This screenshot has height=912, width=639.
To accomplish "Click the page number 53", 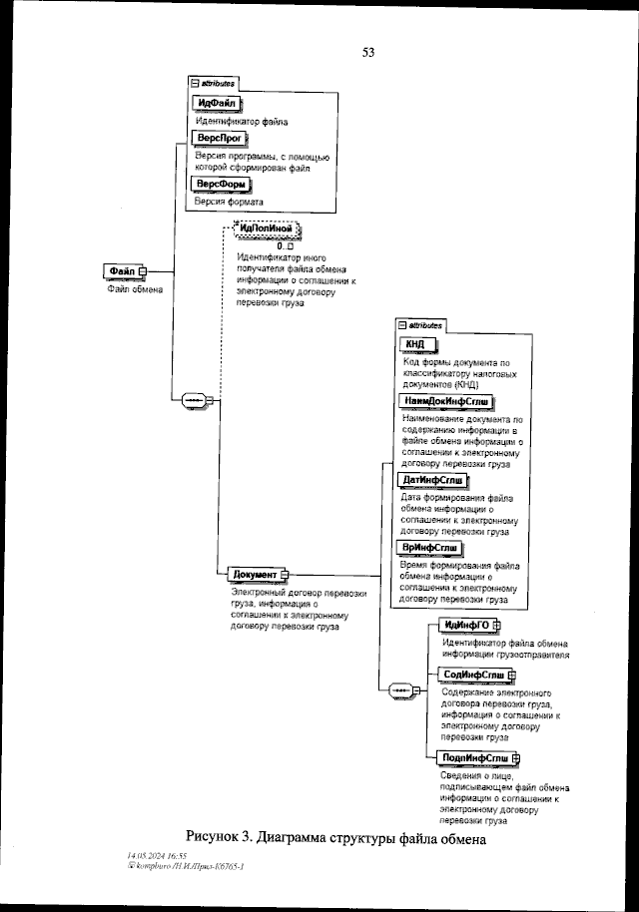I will point(368,53).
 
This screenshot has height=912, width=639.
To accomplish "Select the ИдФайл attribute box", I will point(218,104).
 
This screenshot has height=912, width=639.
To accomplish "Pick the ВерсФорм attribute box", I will point(221,185).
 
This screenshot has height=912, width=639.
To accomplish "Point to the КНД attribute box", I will point(415,344).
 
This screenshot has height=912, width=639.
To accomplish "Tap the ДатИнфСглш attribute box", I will point(433,481).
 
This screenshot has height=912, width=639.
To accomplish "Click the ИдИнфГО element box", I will point(465,626).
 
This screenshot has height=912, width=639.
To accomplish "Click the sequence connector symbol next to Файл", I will point(190,399).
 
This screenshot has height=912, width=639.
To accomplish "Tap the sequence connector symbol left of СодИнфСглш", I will point(399,689).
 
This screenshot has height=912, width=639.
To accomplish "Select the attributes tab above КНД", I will point(420,325).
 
